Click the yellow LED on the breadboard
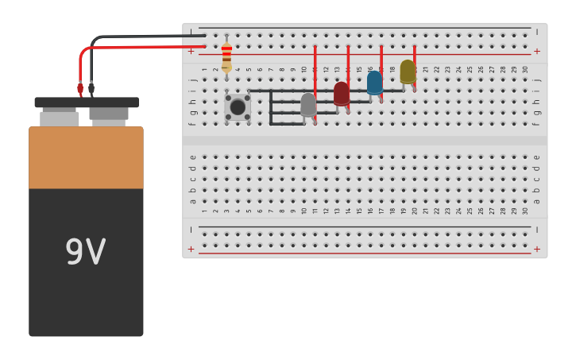408,72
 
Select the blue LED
375,83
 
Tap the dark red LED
342,93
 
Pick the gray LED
308,104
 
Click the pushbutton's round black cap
238,107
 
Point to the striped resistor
226,56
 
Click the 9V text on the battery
85,252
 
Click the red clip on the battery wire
80,88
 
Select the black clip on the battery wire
91,88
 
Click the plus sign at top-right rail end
537,52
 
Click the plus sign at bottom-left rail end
191,250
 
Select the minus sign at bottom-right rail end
537,230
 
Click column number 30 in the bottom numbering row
525,211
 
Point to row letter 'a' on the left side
193,201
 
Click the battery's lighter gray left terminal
60,118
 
